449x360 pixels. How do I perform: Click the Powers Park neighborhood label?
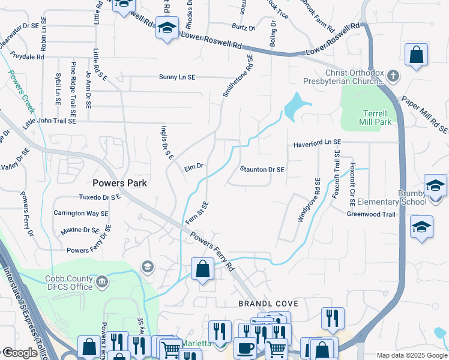tap(119, 182)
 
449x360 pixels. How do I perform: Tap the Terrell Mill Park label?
tap(377, 117)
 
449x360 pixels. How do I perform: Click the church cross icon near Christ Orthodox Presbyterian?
tap(393, 76)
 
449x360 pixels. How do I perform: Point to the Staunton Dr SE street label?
tap(262, 170)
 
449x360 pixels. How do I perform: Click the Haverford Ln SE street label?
tap(317, 145)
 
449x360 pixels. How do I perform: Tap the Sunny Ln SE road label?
tap(177, 77)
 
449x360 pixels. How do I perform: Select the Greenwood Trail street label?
tap(371, 214)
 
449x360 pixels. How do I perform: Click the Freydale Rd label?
tap(23, 57)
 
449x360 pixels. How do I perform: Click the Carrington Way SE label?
tap(81, 213)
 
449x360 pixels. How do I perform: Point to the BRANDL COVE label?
tap(268, 304)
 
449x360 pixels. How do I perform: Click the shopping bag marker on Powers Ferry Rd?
tap(203, 269)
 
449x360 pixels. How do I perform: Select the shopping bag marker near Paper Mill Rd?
tap(415, 55)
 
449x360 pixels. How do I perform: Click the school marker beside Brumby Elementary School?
tap(435, 185)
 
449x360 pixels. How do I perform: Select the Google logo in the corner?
tap(20, 353)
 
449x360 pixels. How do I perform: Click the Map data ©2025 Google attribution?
tap(411, 355)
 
